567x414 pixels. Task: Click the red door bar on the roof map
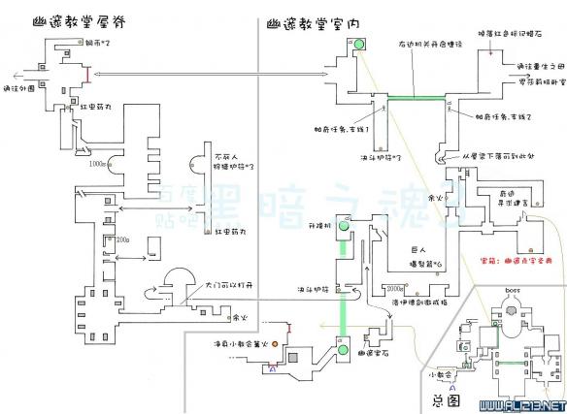tap(88, 74)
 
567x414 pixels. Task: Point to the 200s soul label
tap(123, 239)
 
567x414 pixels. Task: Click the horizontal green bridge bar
tap(416, 100)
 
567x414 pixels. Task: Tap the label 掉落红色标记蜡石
tap(508, 35)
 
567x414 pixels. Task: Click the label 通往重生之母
tap(534, 66)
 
